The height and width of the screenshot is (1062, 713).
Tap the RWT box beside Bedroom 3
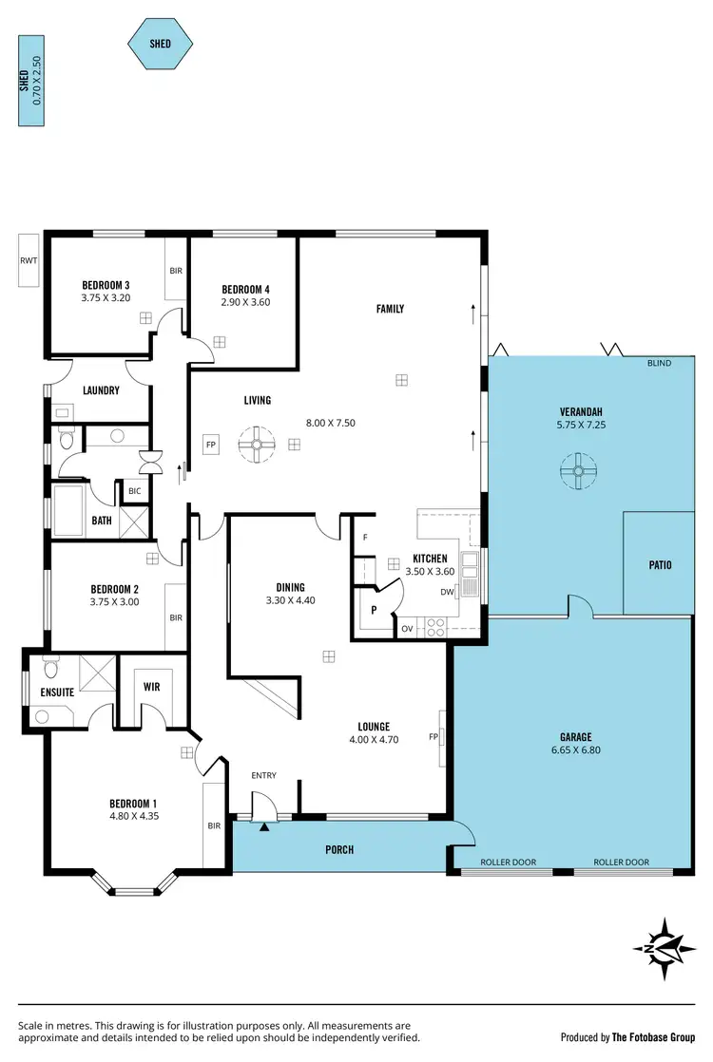tap(28, 259)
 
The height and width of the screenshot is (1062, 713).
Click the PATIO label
tap(660, 565)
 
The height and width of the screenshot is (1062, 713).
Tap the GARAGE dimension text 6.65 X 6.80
tap(575, 749)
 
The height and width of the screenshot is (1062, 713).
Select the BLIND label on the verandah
tap(658, 363)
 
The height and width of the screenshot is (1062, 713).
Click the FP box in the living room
tap(209, 443)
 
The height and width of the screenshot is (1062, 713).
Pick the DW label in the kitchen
tap(447, 592)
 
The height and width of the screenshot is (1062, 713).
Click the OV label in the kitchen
tap(407, 629)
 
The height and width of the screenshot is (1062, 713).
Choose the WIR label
tap(151, 686)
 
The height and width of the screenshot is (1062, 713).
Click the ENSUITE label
tap(57, 692)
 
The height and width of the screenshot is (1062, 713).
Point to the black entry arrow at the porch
tap(264, 826)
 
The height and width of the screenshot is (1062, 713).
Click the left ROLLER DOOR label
tap(508, 863)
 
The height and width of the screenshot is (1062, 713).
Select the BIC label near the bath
tap(133, 491)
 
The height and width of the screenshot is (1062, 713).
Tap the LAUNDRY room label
tap(100, 390)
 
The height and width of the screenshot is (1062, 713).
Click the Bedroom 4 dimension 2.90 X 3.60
tap(245, 302)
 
